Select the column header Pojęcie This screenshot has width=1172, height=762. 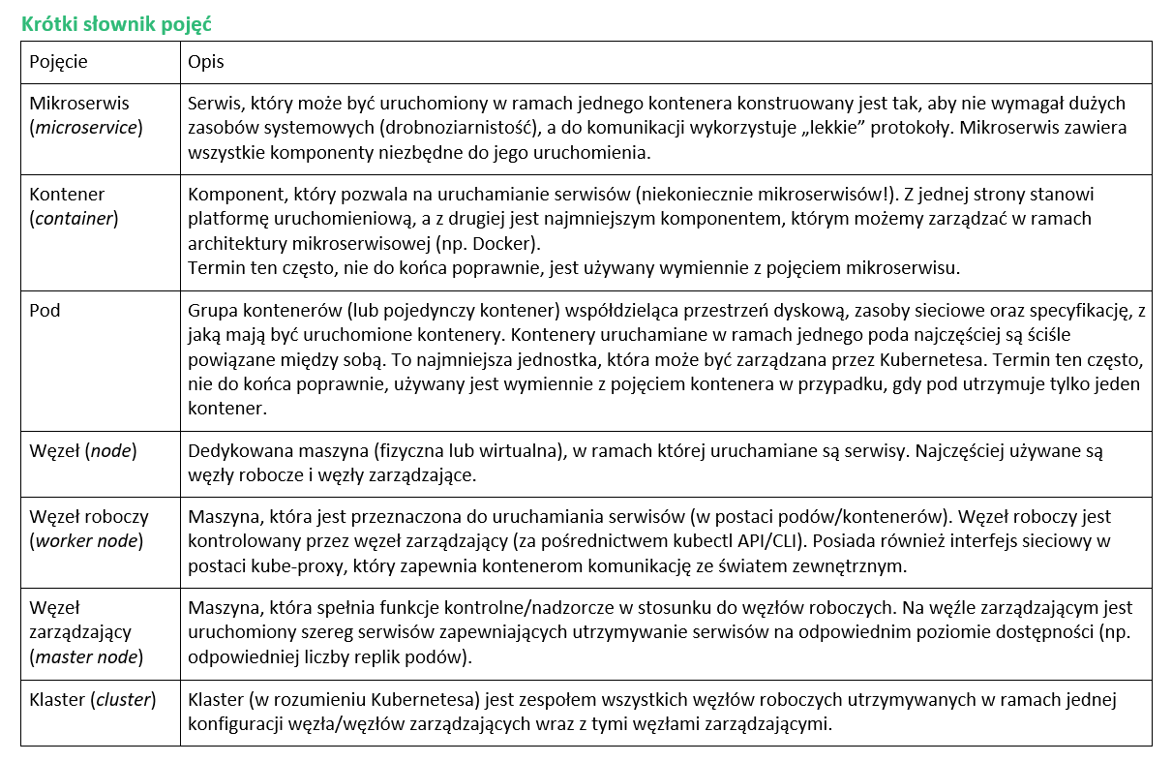[x=58, y=61]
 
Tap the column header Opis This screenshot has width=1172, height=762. [x=205, y=61]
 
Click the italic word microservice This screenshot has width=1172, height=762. [x=86, y=127]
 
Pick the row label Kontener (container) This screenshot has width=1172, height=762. [x=74, y=206]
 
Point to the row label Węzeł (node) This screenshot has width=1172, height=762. [x=83, y=450]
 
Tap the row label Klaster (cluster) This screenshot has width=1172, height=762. [x=93, y=700]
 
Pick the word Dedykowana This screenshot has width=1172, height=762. [x=231, y=450]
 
